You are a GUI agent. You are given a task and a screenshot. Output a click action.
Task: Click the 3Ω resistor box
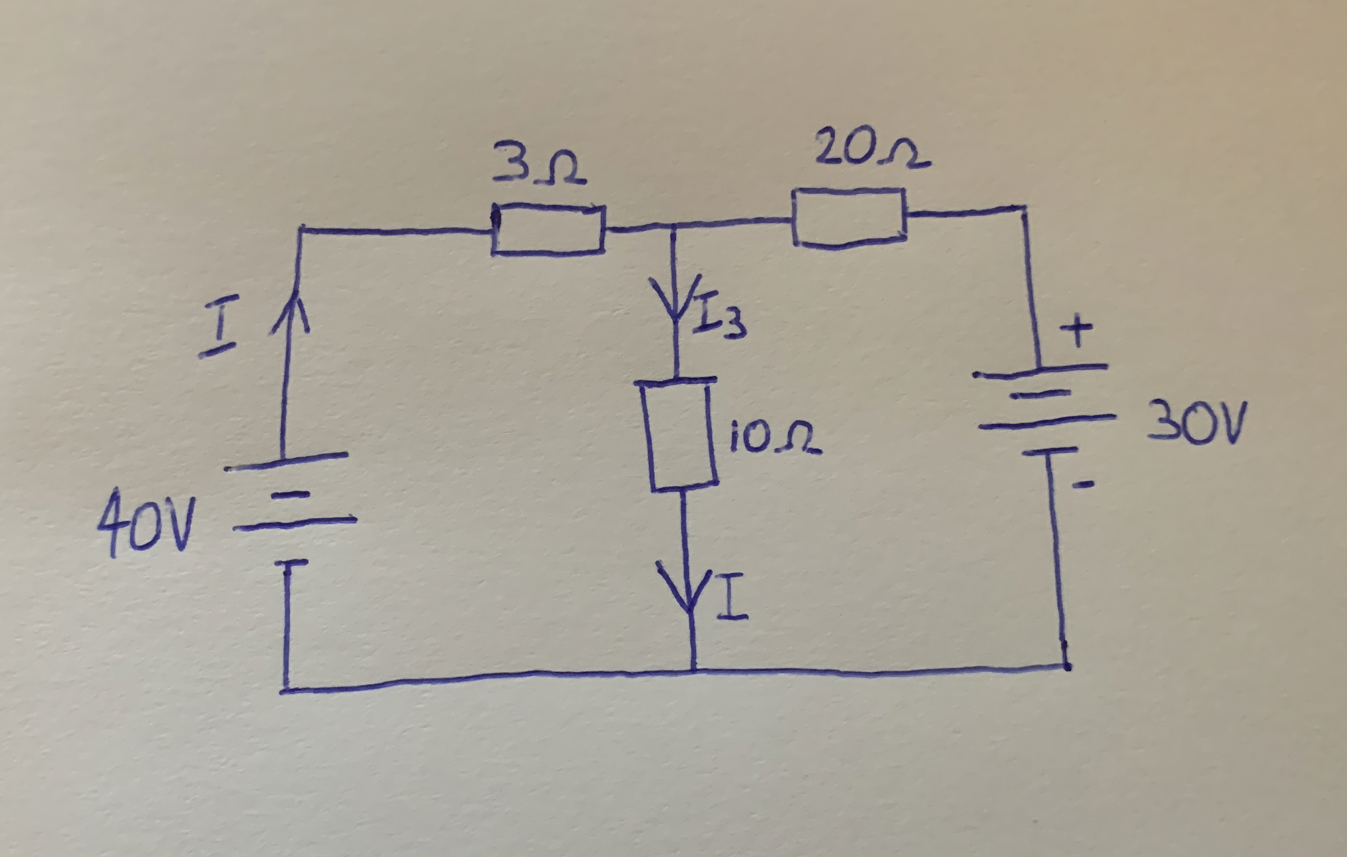pos(548,230)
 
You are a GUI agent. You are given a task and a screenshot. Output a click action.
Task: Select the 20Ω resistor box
pos(849,216)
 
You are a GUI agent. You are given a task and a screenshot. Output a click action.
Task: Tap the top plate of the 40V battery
pos(285,461)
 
